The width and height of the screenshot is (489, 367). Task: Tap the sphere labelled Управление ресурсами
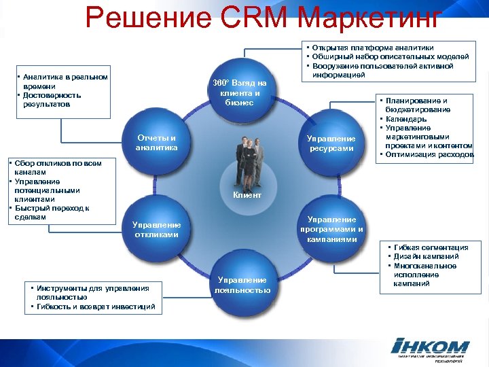point(331,143)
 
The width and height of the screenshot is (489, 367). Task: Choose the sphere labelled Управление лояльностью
point(242,285)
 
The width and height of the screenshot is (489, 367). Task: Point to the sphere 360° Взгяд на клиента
point(243,92)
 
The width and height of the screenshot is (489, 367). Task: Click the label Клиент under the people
point(247,196)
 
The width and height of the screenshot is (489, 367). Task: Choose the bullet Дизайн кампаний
point(425,257)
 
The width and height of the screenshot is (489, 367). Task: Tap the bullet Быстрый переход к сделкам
point(50,213)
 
